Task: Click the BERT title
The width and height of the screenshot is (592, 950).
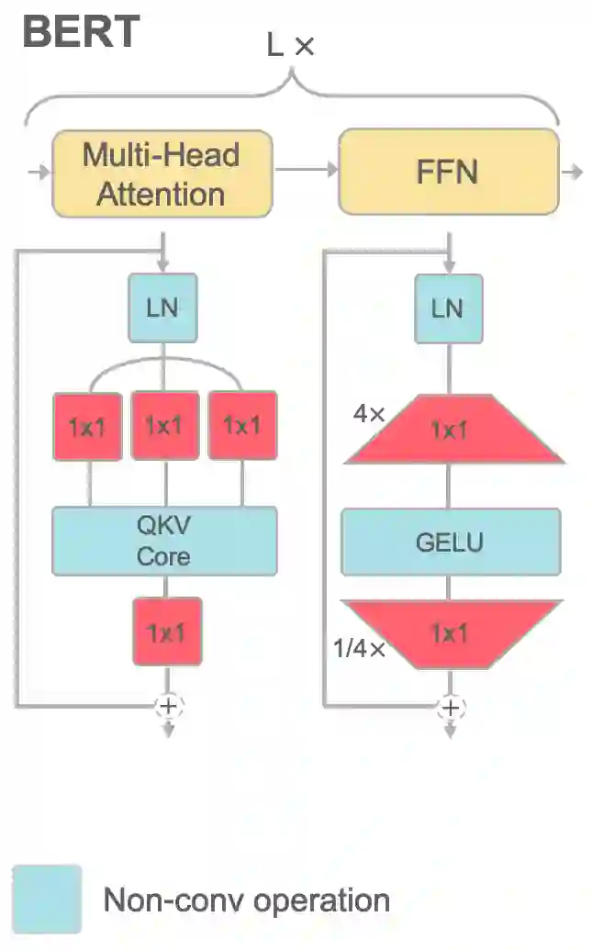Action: pyautogui.click(x=81, y=31)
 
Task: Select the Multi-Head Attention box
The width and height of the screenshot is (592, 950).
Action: pyautogui.click(x=162, y=173)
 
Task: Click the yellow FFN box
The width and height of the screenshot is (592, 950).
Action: pyautogui.click(x=448, y=172)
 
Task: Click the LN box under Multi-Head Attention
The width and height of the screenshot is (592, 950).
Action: pyautogui.click(x=162, y=307)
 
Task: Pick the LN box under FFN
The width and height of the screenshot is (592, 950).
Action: pyautogui.click(x=448, y=307)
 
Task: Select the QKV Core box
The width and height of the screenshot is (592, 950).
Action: pyautogui.click(x=164, y=542)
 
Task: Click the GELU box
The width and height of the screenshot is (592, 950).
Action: pyautogui.click(x=450, y=542)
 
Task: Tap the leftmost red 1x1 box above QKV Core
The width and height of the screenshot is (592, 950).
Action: pyautogui.click(x=87, y=425)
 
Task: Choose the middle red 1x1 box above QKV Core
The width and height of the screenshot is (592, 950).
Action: pyautogui.click(x=165, y=425)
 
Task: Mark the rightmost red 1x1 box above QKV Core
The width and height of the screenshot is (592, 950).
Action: pyautogui.click(x=242, y=425)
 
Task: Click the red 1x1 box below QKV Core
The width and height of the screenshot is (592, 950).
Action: pyautogui.click(x=166, y=631)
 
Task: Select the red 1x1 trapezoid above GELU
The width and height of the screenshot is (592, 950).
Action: pyautogui.click(x=450, y=430)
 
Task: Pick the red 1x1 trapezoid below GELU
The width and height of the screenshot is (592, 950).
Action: pyautogui.click(x=450, y=633)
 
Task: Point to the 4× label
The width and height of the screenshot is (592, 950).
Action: pyautogui.click(x=368, y=414)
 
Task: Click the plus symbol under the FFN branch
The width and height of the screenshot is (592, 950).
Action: pyautogui.click(x=451, y=707)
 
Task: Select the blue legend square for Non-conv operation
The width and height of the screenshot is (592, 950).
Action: pyautogui.click(x=47, y=899)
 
